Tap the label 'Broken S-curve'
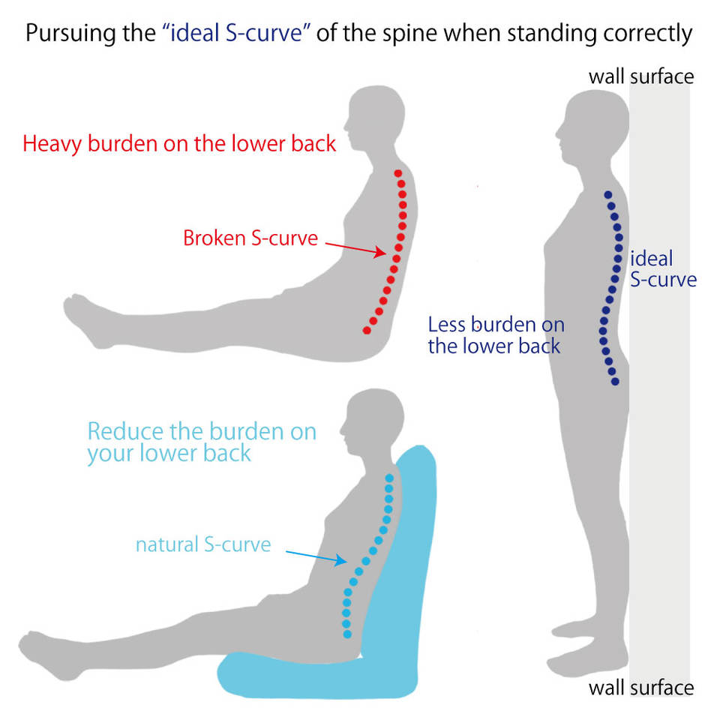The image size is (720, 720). click(x=250, y=238)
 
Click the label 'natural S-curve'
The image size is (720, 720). click(x=202, y=544)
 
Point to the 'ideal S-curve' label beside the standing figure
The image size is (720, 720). click(x=662, y=270)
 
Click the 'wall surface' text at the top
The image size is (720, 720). click(x=641, y=76)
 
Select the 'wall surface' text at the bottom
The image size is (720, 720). click(x=641, y=688)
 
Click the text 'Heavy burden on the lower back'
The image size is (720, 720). click(x=179, y=143)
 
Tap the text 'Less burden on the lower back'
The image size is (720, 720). click(x=496, y=335)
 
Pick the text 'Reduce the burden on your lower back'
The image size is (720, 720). click(x=202, y=442)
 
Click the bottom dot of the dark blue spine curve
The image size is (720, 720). click(x=616, y=382)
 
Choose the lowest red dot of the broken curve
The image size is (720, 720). click(x=366, y=330)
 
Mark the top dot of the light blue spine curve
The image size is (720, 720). click(x=389, y=477)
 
